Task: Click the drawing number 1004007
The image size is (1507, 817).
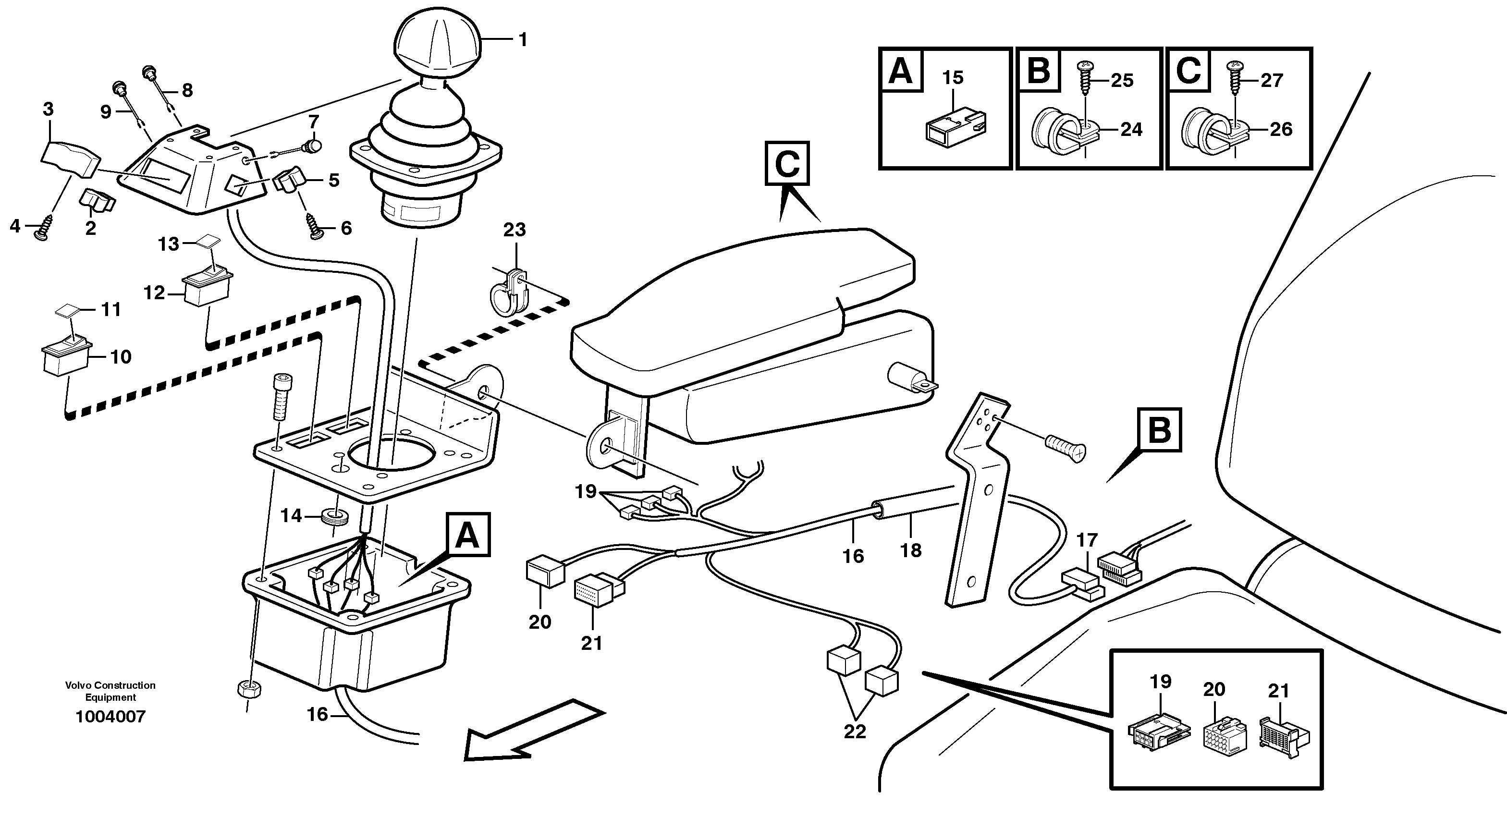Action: pyautogui.click(x=110, y=717)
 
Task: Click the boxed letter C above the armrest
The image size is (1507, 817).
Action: pyautogui.click(x=787, y=164)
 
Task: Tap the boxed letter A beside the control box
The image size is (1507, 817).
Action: pyautogui.click(x=467, y=535)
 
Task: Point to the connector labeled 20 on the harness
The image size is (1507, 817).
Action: pyautogui.click(x=545, y=572)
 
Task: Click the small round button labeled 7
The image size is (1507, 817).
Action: pyautogui.click(x=315, y=145)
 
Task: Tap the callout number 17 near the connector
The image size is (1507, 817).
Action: pyautogui.click(x=1086, y=540)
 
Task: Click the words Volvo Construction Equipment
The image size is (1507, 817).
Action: pyautogui.click(x=110, y=691)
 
